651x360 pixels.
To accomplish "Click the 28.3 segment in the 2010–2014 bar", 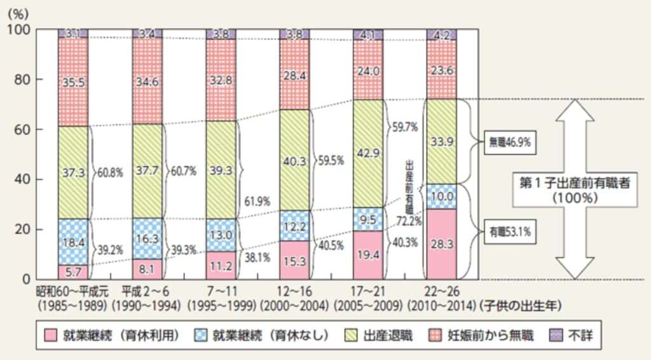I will point(442,244).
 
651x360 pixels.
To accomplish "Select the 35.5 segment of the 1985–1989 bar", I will point(73,82).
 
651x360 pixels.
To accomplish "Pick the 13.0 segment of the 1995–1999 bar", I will point(221,235).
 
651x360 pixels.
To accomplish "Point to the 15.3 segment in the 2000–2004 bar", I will point(294,260).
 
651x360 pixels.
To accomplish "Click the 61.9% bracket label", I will point(257,202).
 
